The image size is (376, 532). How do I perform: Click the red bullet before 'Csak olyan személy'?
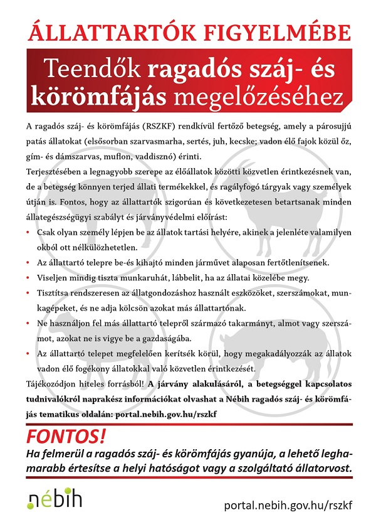tap(29, 232)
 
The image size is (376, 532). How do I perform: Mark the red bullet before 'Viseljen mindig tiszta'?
tap(29, 277)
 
